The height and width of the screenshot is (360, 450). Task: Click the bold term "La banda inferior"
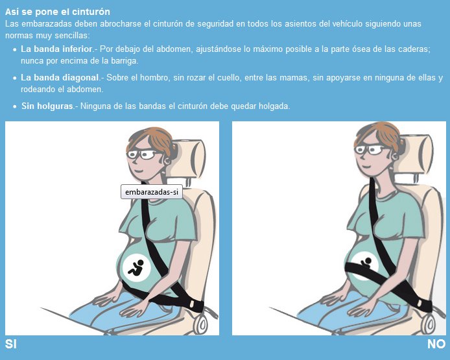(x=56, y=49)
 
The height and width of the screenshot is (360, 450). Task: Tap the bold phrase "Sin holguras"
(x=47, y=106)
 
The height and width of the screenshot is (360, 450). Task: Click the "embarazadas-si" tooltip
(x=151, y=192)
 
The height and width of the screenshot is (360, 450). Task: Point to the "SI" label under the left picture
(x=11, y=344)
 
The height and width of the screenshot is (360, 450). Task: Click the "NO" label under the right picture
(x=436, y=344)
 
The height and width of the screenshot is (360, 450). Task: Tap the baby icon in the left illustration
(x=136, y=267)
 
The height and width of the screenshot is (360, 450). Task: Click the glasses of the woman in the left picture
(x=142, y=155)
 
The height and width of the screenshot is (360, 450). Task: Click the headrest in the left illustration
(x=191, y=159)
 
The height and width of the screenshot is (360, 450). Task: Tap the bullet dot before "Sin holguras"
(x=15, y=106)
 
